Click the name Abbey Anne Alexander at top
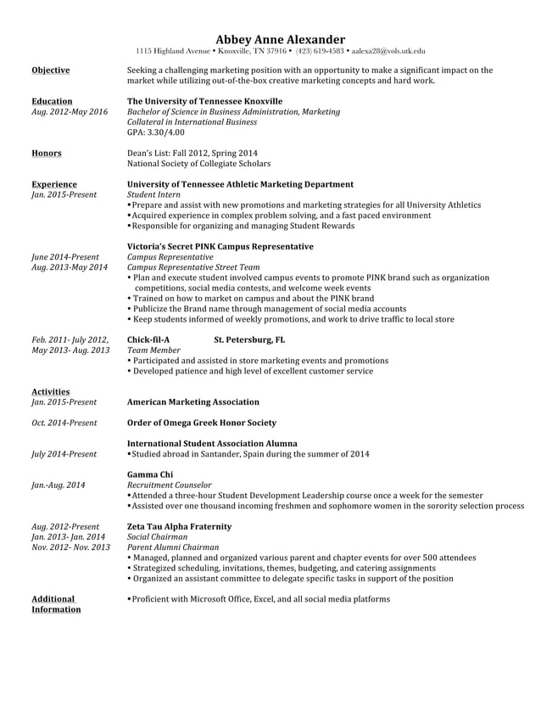point(280,39)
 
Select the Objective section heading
point(50,70)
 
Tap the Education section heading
point(51,101)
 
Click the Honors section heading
point(46,154)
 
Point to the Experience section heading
point(53,184)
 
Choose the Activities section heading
point(50,391)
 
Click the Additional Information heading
point(53,603)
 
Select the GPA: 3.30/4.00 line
point(155,132)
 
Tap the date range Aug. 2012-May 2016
point(69,112)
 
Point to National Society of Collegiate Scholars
point(198,164)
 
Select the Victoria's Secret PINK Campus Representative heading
point(220,247)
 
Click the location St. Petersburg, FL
point(249,339)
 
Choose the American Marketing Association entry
point(192,401)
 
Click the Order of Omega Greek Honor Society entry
point(201,423)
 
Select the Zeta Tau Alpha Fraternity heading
point(178,526)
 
